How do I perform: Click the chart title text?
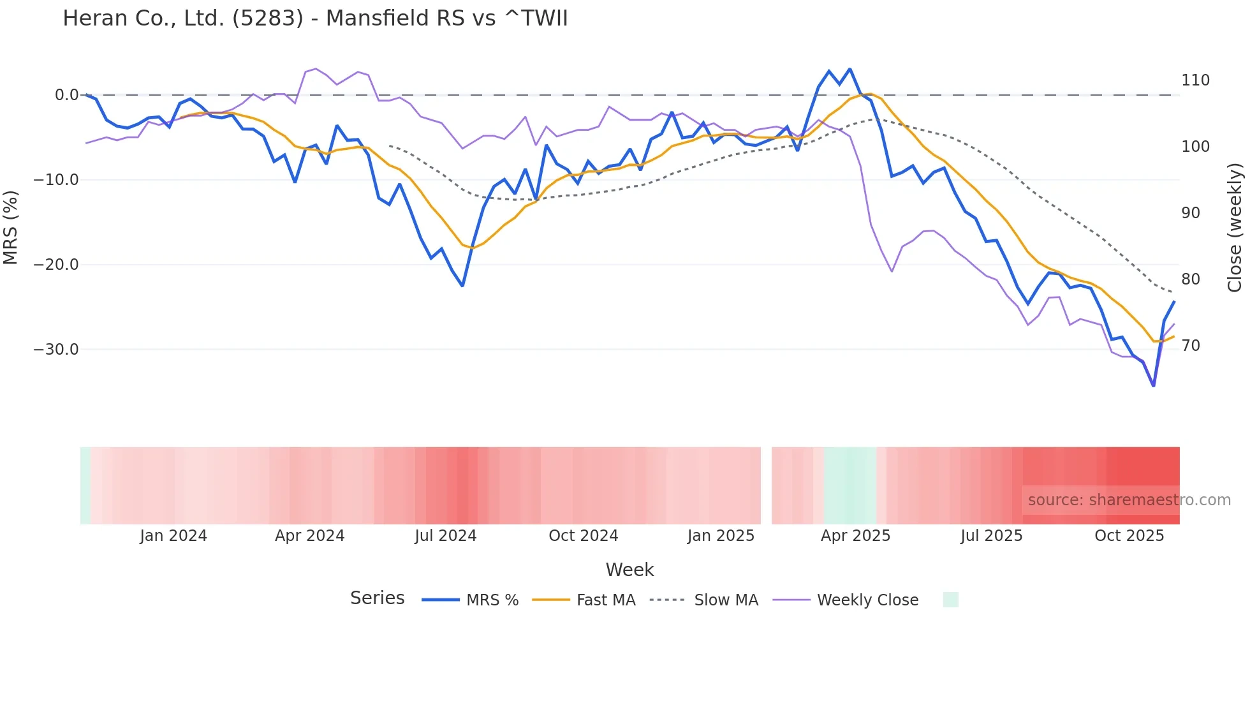pos(315,18)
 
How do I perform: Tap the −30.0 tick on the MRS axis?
pos(56,350)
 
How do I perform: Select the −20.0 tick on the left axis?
pos(56,265)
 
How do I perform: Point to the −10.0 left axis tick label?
pos(56,180)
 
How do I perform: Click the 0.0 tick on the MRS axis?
pos(66,95)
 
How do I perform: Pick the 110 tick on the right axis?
pos(1195,80)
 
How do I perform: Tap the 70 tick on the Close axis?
pos(1191,346)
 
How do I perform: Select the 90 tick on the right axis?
pos(1191,213)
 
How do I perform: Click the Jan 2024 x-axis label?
pos(173,536)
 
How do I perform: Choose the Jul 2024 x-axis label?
pos(446,536)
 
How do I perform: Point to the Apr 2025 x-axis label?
pos(855,536)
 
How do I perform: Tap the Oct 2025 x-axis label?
pos(1129,536)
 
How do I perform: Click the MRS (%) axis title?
pos(11,227)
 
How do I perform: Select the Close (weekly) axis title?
pos(1235,227)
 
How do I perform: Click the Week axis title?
pos(629,570)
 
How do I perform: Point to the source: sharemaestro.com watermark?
pos(1129,500)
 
